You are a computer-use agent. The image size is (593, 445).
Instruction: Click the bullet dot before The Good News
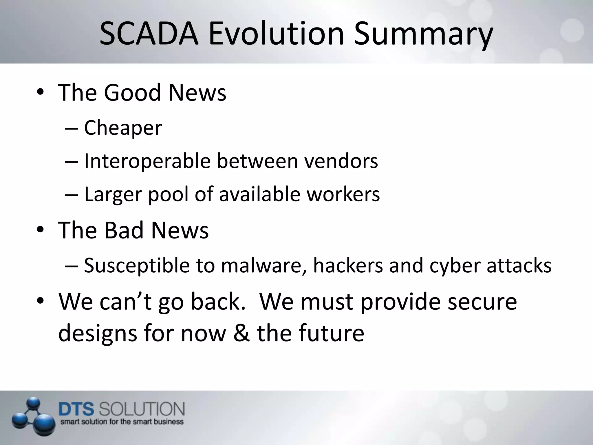40,92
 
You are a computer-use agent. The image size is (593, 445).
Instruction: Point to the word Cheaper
123,128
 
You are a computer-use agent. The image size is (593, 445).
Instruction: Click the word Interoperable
147,161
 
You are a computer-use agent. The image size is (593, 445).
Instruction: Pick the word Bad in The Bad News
124,230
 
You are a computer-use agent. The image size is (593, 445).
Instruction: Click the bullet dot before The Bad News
40,230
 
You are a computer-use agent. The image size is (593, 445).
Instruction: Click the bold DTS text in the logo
76,409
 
